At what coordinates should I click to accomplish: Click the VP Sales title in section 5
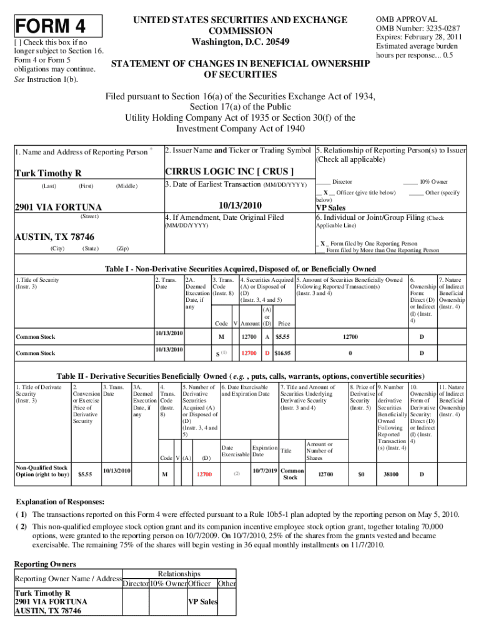coord(330,207)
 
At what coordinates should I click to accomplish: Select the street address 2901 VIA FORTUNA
coord(57,207)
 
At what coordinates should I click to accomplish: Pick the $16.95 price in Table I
coord(284,353)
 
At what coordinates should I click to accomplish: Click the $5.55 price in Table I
coord(284,337)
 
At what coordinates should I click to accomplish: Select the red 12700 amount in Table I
coord(249,353)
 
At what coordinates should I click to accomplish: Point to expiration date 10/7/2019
coord(264,470)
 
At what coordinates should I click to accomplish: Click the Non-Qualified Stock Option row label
coord(41,471)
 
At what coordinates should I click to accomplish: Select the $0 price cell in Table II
coord(360,474)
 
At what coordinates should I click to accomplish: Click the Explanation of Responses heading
coord(59,502)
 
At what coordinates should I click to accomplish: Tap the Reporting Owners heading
coord(45,564)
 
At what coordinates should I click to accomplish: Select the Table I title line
coord(240,269)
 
